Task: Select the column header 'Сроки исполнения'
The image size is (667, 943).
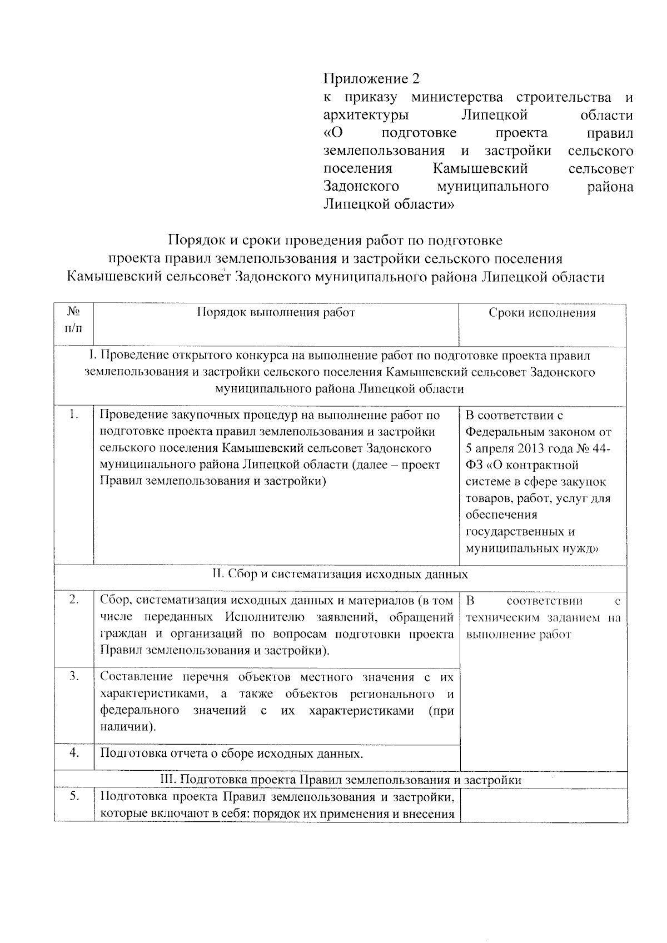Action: click(542, 313)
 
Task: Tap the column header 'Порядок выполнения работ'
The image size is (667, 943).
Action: click(276, 312)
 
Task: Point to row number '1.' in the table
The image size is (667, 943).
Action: click(74, 415)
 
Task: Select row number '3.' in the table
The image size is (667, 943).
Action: click(74, 676)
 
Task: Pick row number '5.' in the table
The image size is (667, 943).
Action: click(74, 796)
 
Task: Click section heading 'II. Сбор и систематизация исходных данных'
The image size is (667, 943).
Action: click(340, 574)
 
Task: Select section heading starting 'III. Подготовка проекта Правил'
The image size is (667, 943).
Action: click(340, 780)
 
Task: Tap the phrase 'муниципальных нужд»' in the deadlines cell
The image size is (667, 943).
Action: click(532, 548)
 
